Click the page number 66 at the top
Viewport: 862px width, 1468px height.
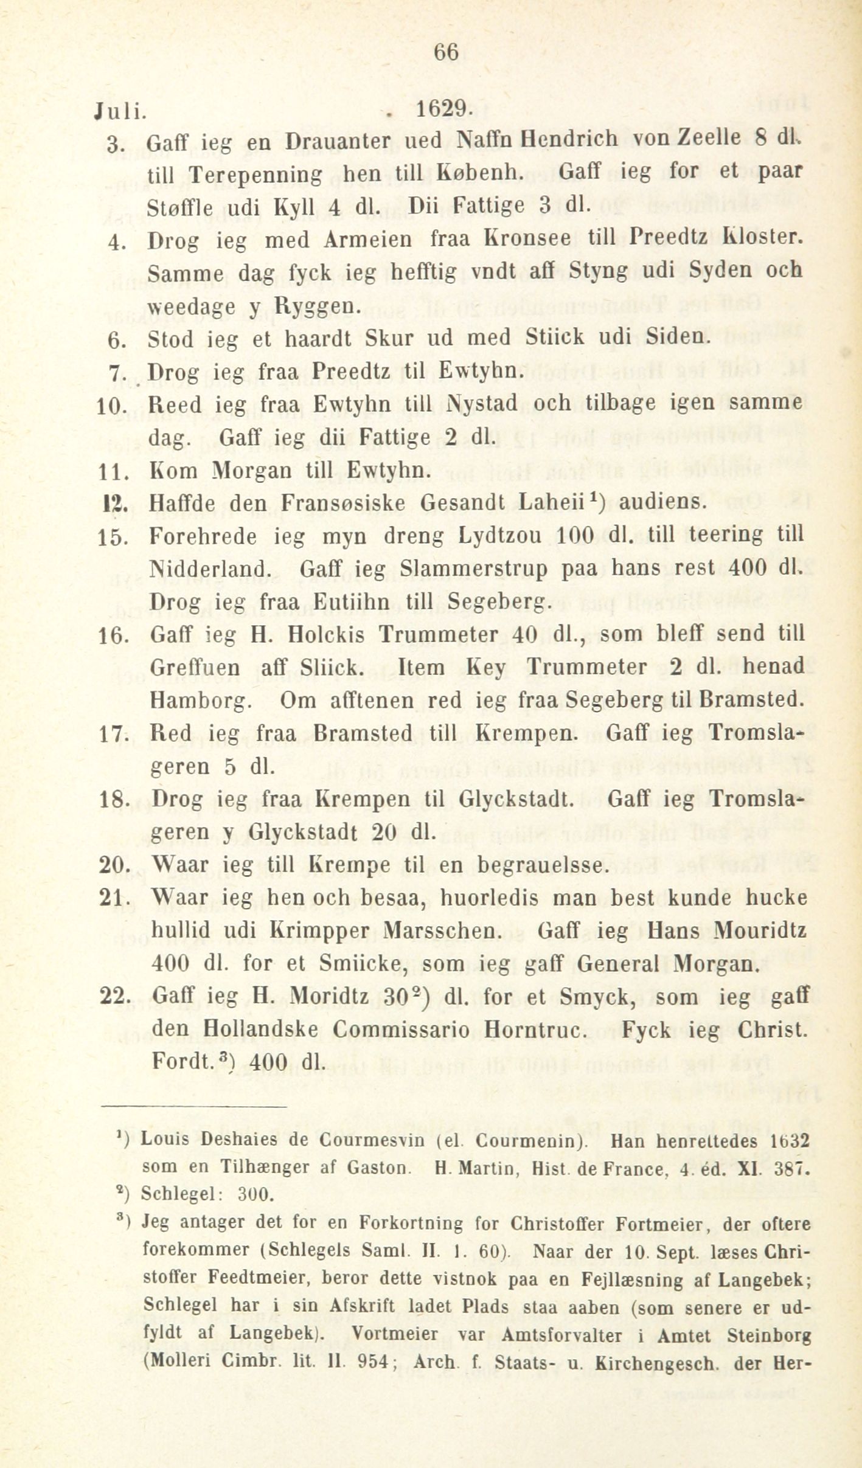point(445,52)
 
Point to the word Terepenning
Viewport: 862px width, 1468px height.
point(255,175)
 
